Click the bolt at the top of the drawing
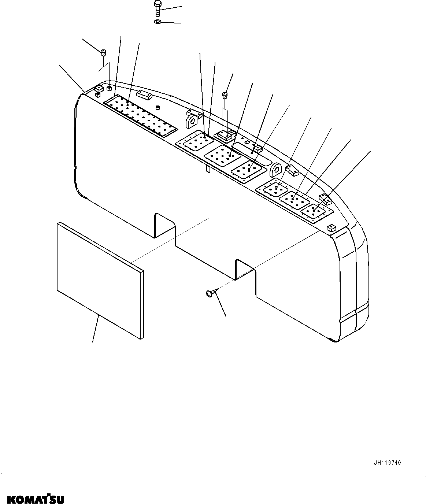click(x=157, y=8)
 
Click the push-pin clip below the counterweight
click(x=210, y=293)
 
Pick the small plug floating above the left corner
click(x=103, y=52)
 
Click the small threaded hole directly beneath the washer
click(x=158, y=107)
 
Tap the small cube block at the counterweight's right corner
click(x=331, y=228)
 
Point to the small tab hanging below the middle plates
click(x=207, y=168)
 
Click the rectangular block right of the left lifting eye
click(x=224, y=136)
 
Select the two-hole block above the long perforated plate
click(x=144, y=95)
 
